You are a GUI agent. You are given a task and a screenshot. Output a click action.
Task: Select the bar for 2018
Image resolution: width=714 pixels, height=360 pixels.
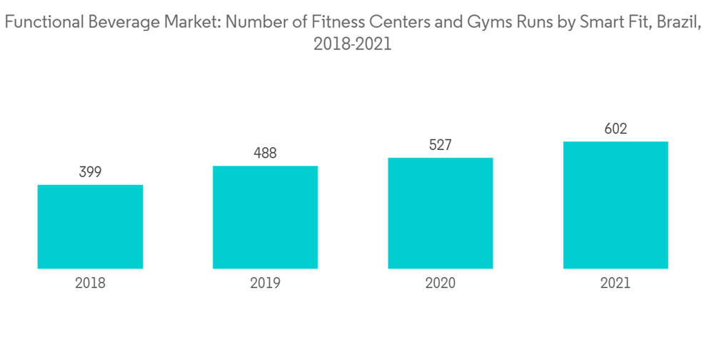pos(90,226)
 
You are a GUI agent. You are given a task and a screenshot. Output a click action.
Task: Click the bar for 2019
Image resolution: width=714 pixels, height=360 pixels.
pos(265,217)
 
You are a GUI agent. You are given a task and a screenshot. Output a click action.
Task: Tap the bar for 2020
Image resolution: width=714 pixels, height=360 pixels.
pos(441,213)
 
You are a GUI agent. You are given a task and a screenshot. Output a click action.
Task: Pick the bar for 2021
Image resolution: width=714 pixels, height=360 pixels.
pos(615,205)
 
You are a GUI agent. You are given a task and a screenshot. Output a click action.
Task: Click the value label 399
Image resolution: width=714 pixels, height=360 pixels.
pos(90,172)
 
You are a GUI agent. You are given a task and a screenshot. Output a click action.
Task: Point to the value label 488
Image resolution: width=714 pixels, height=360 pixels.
pos(265,153)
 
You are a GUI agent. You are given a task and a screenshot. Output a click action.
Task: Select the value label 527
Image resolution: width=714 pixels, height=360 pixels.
pos(441,145)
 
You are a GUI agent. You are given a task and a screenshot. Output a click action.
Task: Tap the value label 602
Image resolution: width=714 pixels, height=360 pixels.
pos(615,129)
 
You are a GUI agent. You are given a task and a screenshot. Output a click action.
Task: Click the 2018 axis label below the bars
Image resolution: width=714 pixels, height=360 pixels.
pos(90,283)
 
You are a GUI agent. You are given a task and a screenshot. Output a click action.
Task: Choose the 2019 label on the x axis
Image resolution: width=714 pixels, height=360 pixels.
pos(265,283)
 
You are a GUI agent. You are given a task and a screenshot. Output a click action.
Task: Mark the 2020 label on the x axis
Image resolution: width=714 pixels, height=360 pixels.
pos(441,283)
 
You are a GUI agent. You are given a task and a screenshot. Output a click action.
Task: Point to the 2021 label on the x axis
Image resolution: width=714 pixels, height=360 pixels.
pos(615,283)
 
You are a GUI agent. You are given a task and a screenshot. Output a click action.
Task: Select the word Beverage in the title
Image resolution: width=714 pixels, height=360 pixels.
pos(122,23)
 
